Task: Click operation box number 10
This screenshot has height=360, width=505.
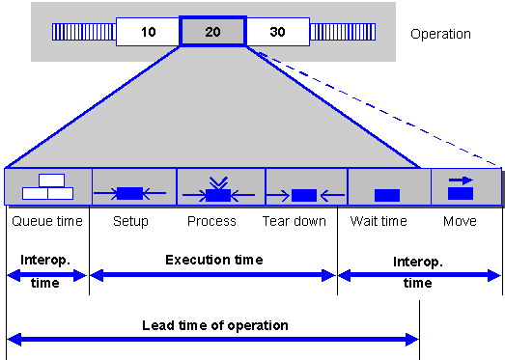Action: (148, 32)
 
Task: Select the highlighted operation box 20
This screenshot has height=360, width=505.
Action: (212, 32)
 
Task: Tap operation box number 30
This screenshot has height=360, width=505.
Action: (278, 32)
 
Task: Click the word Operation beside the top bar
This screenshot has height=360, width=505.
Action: (440, 34)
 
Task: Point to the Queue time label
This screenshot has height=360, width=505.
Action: (47, 221)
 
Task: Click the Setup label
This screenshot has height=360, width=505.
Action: (130, 222)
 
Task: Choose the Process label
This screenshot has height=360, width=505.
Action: (211, 221)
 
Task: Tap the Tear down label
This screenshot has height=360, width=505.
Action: (295, 221)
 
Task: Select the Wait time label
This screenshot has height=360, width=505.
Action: (379, 221)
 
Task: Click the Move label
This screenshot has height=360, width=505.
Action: (460, 221)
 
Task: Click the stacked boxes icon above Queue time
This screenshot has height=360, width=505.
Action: (47, 187)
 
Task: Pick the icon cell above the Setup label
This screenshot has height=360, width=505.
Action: (134, 187)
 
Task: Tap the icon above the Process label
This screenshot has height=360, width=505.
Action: (218, 189)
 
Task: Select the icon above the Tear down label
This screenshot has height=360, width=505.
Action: (305, 195)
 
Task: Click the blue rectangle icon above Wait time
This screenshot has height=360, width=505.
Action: (387, 195)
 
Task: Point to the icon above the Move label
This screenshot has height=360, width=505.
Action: (461, 188)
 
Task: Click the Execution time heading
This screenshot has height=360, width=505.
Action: (214, 260)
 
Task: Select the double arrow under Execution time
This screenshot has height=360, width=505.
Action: (212, 275)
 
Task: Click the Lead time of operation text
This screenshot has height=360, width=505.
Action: (215, 325)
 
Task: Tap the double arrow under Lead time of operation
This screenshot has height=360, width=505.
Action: (212, 340)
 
